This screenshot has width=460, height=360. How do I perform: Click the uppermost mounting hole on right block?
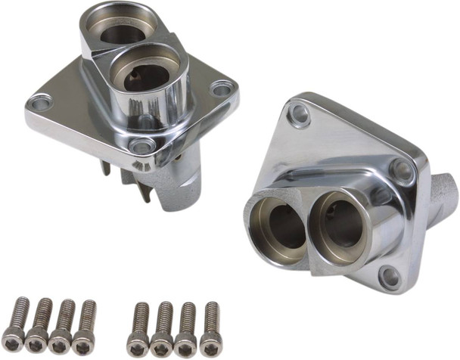(300, 114)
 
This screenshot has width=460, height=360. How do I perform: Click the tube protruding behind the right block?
(440, 194)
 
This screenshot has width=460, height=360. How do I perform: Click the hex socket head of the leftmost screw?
(15, 339)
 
